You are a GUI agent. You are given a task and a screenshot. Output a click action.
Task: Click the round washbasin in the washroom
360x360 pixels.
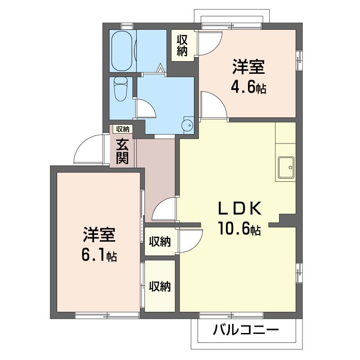(187, 125)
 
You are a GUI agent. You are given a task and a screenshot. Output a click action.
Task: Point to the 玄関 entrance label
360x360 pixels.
(122, 151)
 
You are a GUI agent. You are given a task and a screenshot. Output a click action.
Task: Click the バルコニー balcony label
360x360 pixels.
(246, 330)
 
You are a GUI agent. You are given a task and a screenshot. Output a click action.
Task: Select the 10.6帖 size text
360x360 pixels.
(239, 229)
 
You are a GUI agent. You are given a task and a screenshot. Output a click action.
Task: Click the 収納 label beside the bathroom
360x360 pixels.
(182, 45)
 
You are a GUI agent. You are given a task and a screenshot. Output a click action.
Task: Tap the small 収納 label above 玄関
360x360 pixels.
(122, 129)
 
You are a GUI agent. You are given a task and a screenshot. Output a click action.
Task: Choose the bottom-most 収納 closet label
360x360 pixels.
(160, 286)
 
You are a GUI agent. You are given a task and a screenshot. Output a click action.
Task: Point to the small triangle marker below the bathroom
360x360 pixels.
(160, 69)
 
